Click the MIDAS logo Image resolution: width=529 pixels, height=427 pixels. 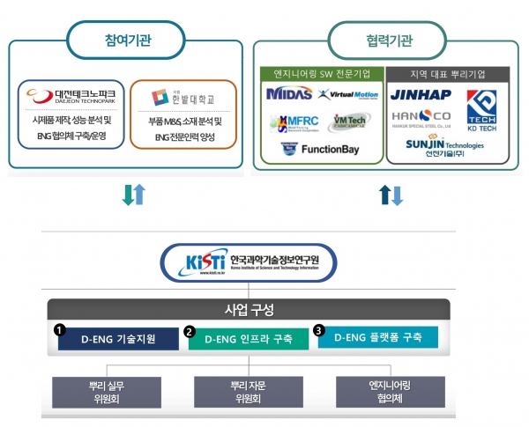point(289,93)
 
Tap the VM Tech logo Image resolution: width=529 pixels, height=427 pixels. point(350,122)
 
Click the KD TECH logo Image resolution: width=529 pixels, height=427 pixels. point(483,109)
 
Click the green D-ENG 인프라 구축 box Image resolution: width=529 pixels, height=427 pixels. point(250,338)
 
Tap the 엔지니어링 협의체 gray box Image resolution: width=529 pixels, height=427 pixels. point(382,391)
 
